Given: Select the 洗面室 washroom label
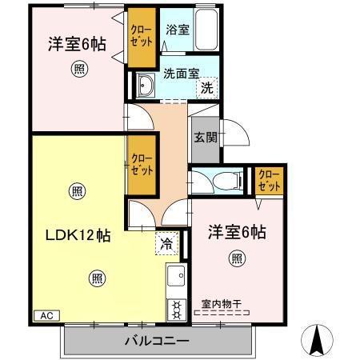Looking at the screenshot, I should point(182,72).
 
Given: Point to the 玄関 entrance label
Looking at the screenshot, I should point(205,137).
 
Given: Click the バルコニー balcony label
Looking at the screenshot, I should point(157,342).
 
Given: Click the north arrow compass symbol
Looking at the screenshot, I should point(318,339).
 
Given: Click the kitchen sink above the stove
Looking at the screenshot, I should point(174,279).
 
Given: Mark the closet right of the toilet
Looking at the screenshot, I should point(269,181).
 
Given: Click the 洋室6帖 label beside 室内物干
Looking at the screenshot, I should point(238,231).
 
